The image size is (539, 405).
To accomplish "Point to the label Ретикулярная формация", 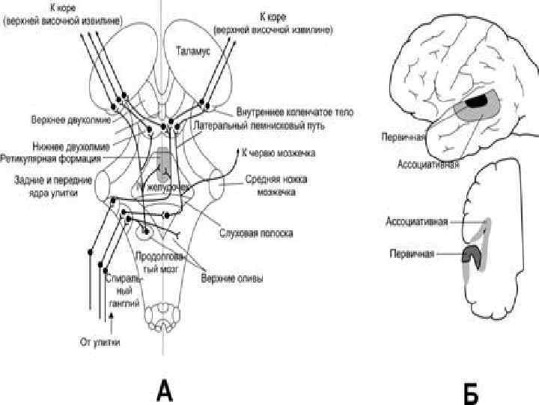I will click(53, 158).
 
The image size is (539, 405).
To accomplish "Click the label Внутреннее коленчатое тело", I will click(295, 112).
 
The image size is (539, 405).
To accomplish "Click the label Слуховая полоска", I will click(261, 233).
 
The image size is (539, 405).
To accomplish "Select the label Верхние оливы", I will click(231, 281).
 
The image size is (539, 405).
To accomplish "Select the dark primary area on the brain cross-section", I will click(472, 256).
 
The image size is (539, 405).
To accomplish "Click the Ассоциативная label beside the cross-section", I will click(417, 221).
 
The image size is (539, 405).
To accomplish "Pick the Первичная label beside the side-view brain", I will click(403, 137).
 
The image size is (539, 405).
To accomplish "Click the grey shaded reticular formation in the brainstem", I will click(164, 160).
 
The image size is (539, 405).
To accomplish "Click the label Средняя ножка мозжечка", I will click(271, 185).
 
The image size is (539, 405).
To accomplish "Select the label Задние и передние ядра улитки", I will click(52, 185).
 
